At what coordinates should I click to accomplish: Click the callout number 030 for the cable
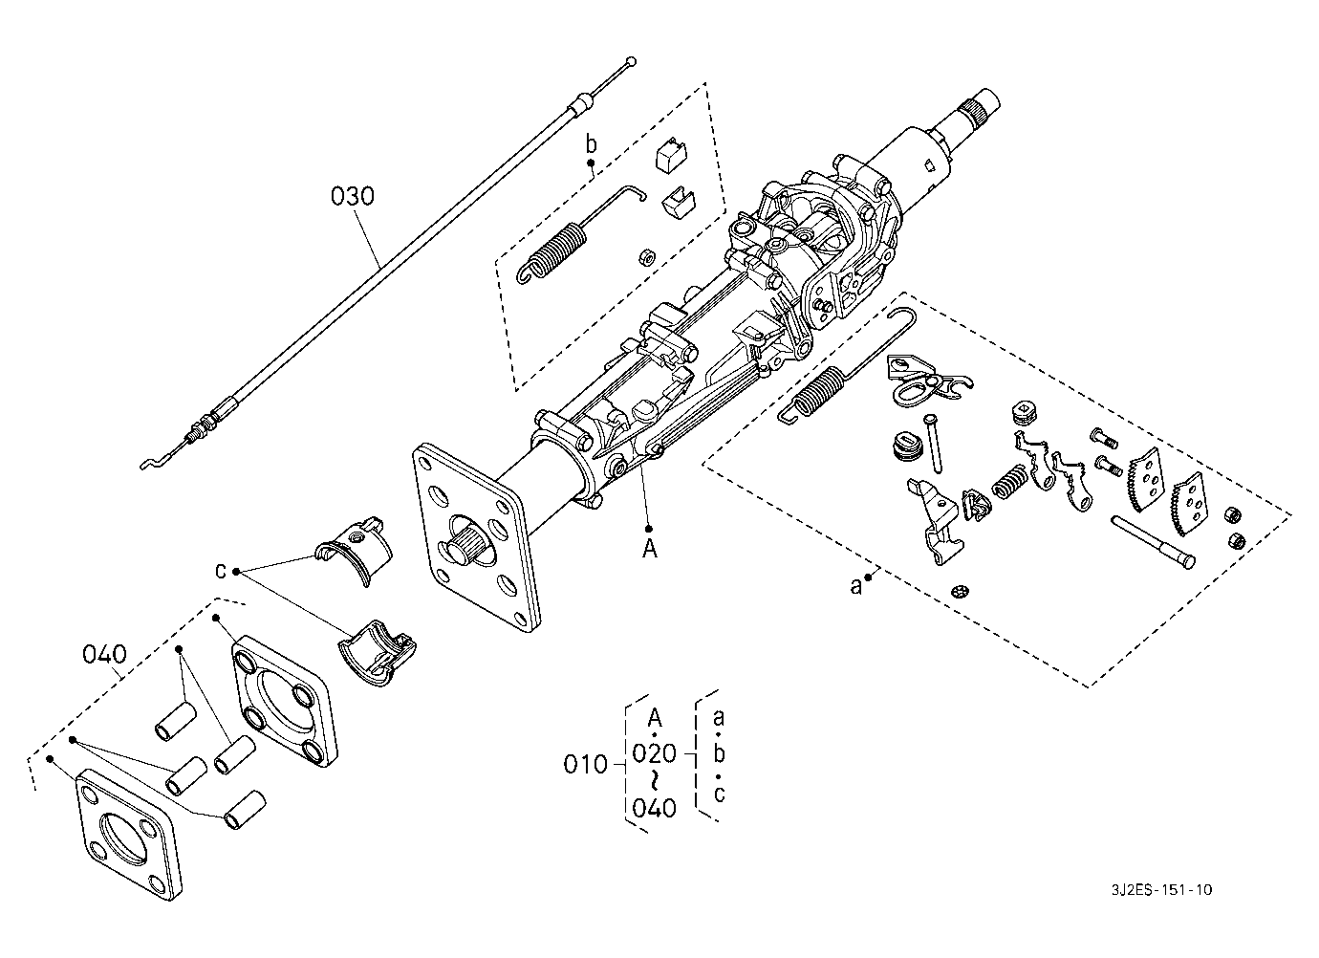coord(352,196)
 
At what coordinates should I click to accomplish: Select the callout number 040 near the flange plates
coord(104,654)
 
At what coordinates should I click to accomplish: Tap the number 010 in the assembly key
coord(585,765)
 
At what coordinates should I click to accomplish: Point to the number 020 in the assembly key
coord(654,753)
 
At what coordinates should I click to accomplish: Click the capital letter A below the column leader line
coord(650,549)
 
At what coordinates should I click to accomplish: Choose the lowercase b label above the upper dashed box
coord(591,143)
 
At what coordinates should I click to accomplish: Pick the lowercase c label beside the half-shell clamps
coord(220,571)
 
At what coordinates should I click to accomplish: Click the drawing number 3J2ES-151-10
coord(1162,890)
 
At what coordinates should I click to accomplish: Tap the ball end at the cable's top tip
coord(631,60)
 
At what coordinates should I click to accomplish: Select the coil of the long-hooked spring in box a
coord(819,390)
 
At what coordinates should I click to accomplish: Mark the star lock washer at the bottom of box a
coord(961,590)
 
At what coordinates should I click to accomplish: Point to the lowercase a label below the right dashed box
coord(855,586)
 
